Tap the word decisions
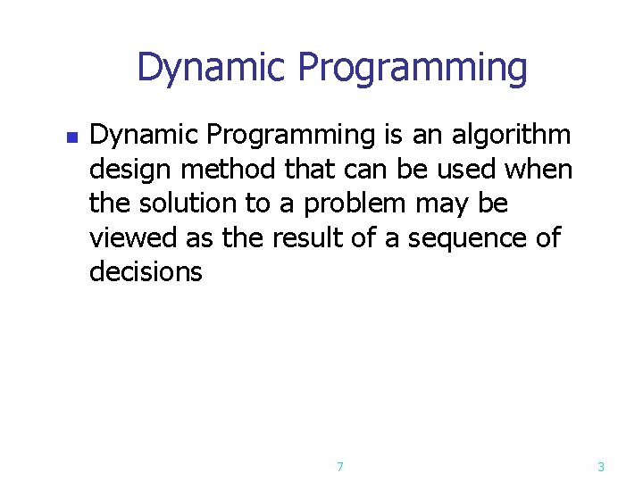146,271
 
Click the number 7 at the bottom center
340,466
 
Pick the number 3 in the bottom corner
600,466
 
